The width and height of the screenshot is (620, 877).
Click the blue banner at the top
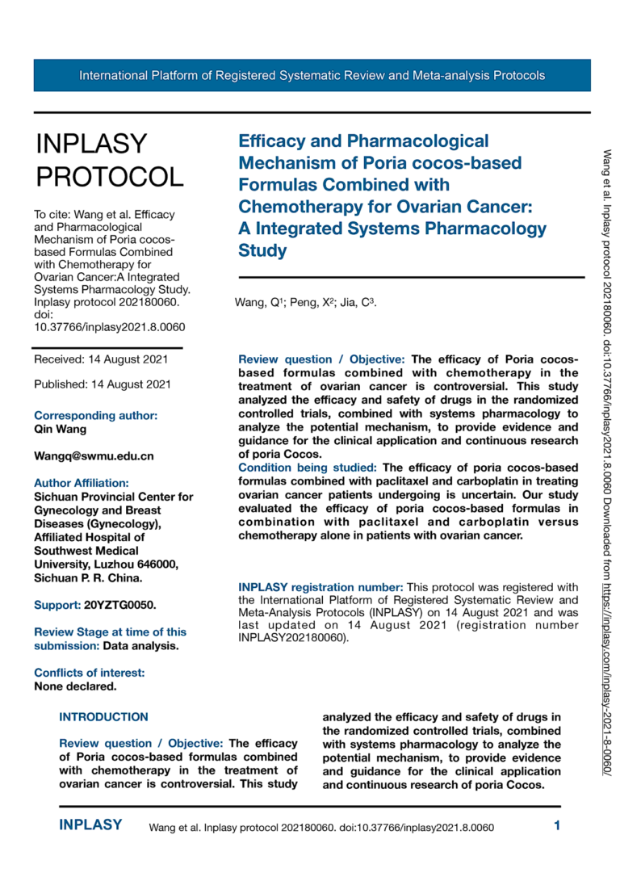(x=312, y=75)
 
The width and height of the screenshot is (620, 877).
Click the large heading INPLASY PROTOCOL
(x=109, y=159)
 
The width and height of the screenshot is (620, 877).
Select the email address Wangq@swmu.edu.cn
(x=94, y=456)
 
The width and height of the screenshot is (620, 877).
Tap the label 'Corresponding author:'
(x=95, y=416)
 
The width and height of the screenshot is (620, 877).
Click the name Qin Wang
(x=60, y=430)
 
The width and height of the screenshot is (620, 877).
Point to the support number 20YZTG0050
(x=120, y=604)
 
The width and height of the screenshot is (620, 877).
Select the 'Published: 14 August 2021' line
(x=102, y=384)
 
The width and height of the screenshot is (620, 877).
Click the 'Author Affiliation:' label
(x=81, y=483)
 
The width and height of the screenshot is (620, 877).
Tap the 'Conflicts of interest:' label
(x=90, y=673)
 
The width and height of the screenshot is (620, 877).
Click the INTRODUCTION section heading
(x=104, y=716)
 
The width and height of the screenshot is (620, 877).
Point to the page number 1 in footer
(x=556, y=825)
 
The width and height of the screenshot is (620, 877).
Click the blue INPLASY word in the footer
(x=90, y=825)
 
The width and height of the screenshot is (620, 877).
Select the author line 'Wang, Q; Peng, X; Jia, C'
(x=306, y=303)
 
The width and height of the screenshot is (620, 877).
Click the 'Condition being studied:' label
(x=308, y=468)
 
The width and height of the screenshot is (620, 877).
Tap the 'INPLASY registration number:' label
(x=320, y=586)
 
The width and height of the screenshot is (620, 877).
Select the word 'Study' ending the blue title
(x=262, y=250)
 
